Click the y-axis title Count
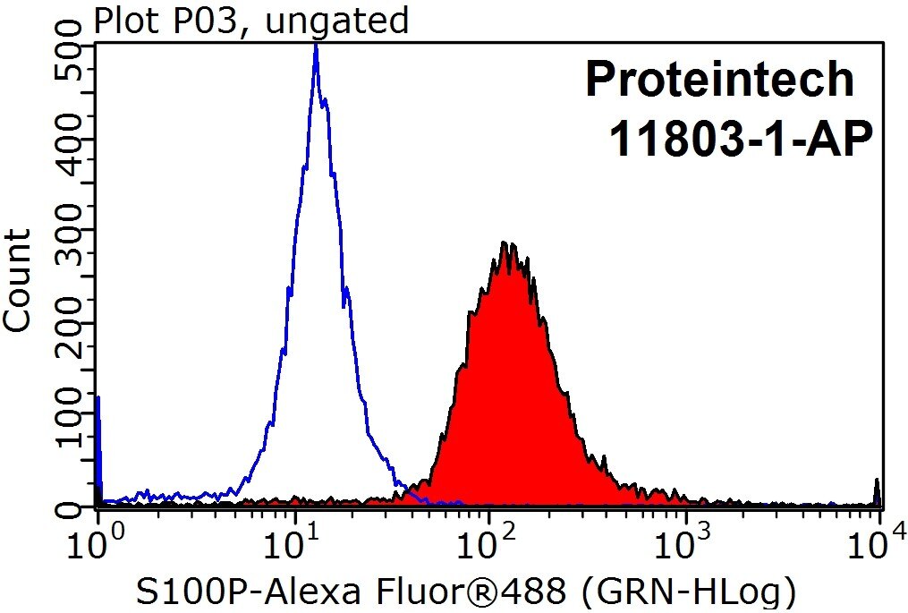click(19, 280)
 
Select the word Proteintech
click(720, 81)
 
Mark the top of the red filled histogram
click(505, 243)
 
